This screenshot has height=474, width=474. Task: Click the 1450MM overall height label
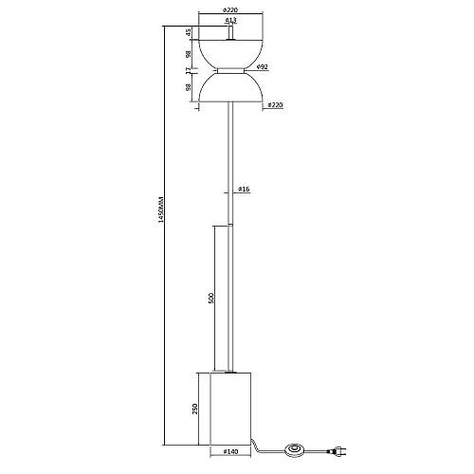pos(160,210)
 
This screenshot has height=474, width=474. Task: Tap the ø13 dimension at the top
pos(231,21)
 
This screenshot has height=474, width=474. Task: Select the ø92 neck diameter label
pos(263,66)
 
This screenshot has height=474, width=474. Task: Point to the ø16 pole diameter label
pos(244,190)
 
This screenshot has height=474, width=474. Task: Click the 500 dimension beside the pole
pos(211,298)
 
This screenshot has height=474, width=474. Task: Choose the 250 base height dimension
pos(194,409)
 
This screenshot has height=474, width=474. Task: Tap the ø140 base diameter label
pos(230,452)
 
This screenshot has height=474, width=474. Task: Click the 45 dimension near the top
pos(189,32)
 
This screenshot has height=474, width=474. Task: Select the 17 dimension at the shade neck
pos(189,71)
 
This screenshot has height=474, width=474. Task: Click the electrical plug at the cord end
pos(337,450)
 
